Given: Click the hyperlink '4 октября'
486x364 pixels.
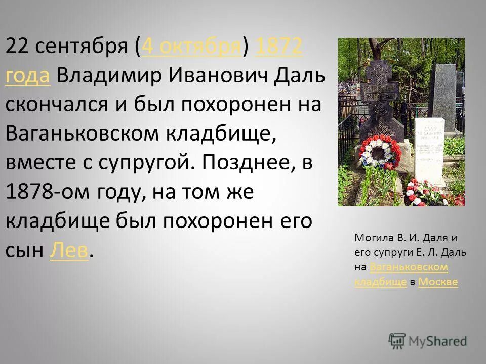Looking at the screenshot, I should (192, 47).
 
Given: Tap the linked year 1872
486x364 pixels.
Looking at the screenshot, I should (279, 47).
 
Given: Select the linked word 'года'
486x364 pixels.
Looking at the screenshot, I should (27, 75).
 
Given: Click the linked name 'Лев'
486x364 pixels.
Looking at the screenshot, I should (69, 249).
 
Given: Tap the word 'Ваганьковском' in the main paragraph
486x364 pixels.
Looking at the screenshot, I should (81, 133).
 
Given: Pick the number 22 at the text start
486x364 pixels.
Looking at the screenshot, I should (17, 47).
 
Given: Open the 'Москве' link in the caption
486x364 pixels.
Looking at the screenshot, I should (438, 282).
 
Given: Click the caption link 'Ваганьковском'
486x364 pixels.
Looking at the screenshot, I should (409, 266).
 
